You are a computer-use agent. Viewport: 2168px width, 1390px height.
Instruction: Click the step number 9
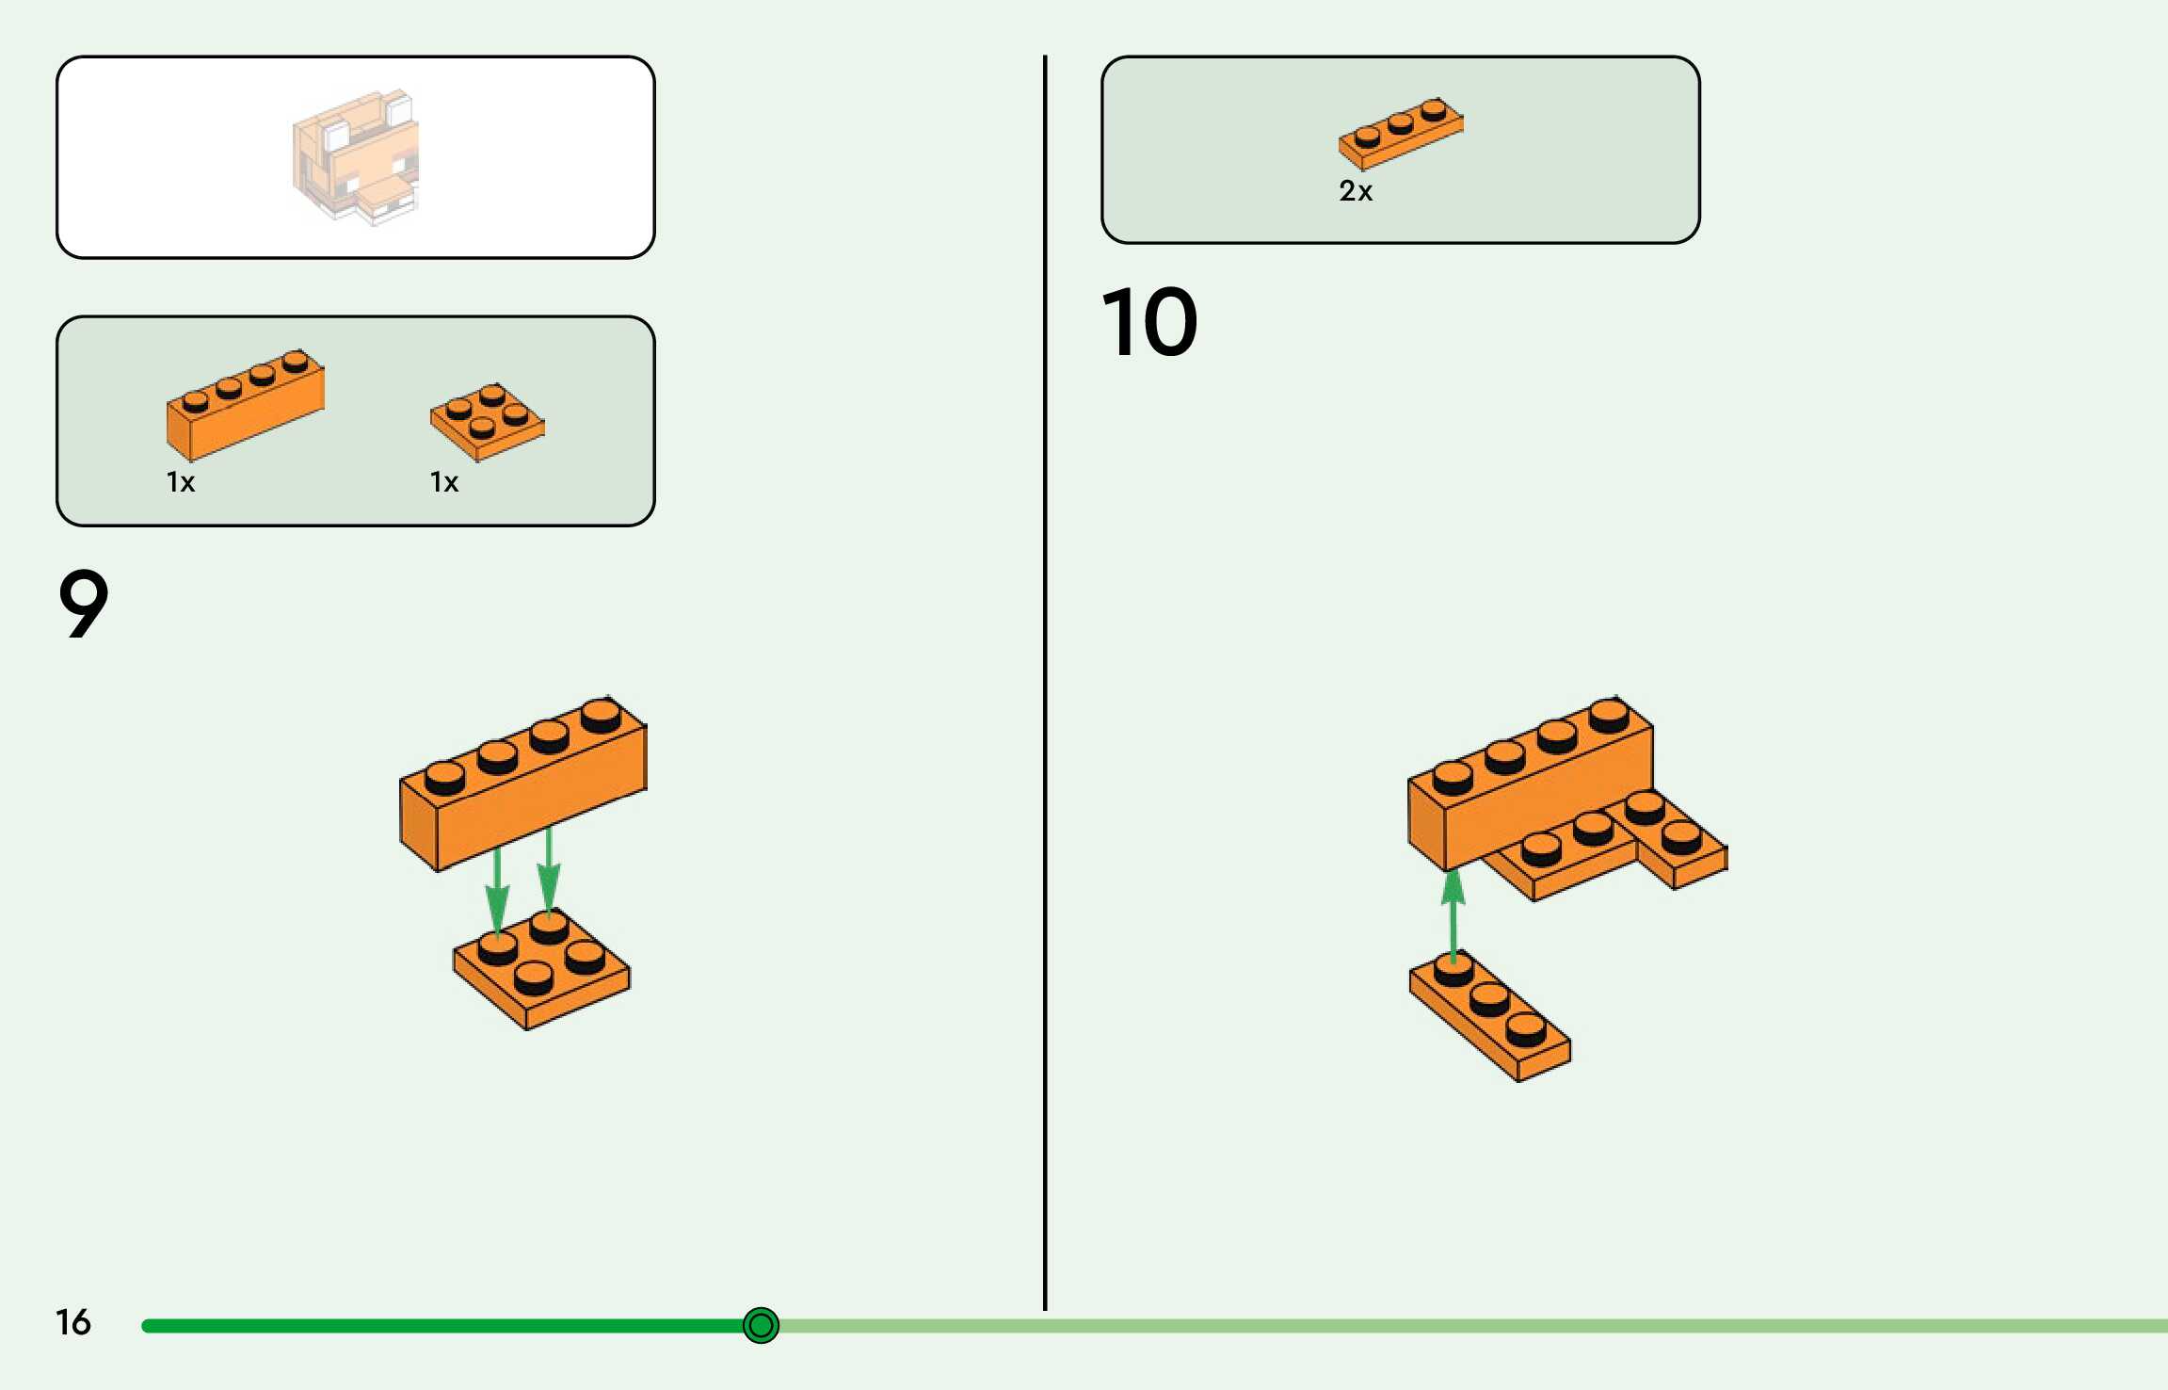[83, 604]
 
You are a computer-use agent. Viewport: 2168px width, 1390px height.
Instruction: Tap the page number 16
[72, 1322]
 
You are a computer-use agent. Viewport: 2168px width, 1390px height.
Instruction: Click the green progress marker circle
[761, 1325]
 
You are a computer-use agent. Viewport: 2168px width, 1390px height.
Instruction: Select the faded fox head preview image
[356, 157]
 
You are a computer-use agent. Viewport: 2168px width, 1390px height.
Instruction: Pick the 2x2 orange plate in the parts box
[487, 421]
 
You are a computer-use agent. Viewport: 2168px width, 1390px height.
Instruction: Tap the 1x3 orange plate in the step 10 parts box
[1401, 133]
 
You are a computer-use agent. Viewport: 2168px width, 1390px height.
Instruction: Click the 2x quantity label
[1356, 191]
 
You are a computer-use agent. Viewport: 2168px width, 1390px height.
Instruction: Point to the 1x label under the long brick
[181, 482]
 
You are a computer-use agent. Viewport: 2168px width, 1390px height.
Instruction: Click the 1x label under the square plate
[444, 482]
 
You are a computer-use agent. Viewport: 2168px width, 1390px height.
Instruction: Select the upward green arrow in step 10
[1453, 913]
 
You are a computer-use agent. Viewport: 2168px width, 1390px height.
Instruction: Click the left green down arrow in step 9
[497, 890]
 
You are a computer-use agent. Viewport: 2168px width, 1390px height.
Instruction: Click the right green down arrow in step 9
[549, 871]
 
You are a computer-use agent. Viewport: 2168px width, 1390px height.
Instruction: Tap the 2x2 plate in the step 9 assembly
[541, 970]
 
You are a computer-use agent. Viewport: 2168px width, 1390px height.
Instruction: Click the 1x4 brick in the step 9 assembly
[523, 791]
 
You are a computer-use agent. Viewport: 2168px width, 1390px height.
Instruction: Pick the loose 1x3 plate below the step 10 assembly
[1490, 1017]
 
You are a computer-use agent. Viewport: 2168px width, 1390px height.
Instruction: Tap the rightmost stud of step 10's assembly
[1681, 835]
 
